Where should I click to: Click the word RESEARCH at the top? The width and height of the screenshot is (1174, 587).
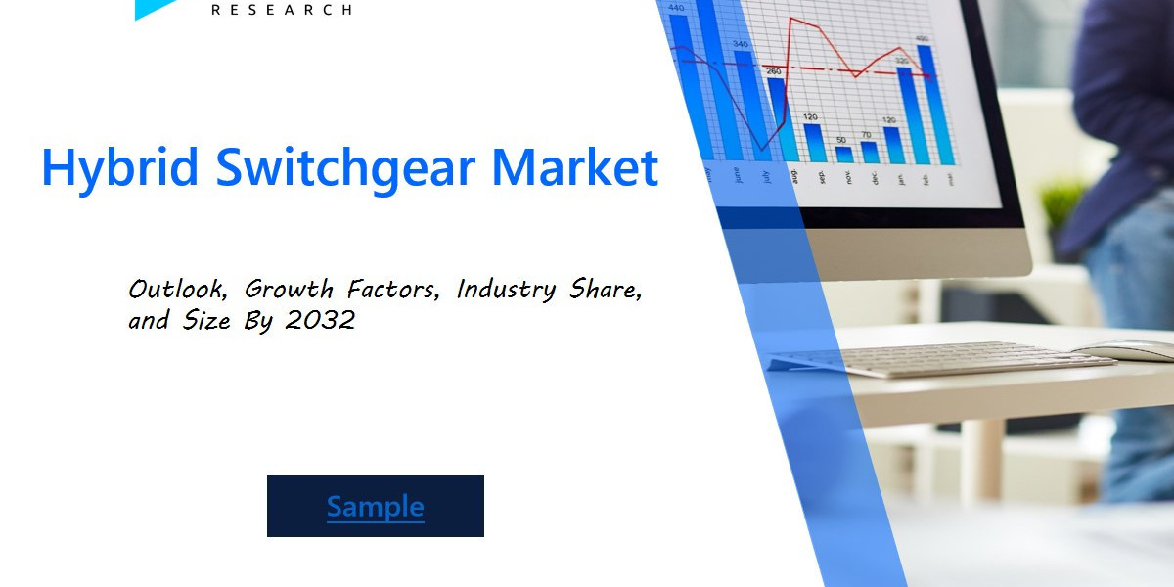tap(282, 10)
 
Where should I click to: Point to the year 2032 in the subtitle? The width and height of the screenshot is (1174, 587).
tap(321, 320)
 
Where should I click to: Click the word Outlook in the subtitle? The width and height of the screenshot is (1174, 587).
tap(181, 290)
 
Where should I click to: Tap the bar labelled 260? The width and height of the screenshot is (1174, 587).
tap(777, 117)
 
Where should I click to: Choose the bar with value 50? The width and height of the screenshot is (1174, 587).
tap(843, 154)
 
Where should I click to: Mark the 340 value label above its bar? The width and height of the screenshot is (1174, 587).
tap(741, 44)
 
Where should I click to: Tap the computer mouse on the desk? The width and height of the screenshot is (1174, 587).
tap(1125, 350)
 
